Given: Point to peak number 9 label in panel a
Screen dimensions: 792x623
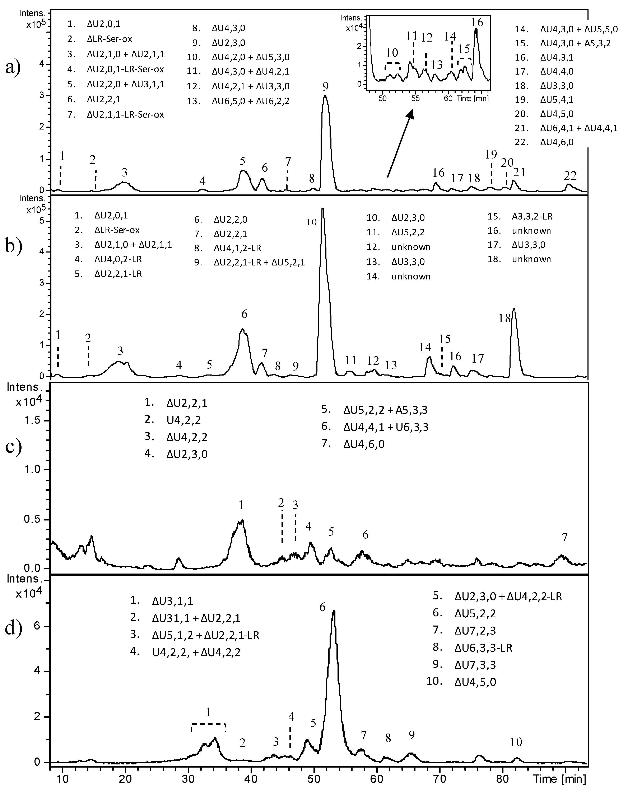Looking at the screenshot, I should [x=325, y=86].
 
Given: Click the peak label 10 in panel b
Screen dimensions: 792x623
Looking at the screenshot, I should [x=311, y=222].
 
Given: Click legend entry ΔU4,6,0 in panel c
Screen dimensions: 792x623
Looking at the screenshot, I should [x=368, y=444].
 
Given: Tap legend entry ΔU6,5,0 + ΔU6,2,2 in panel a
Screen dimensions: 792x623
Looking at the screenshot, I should [x=250, y=101].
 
